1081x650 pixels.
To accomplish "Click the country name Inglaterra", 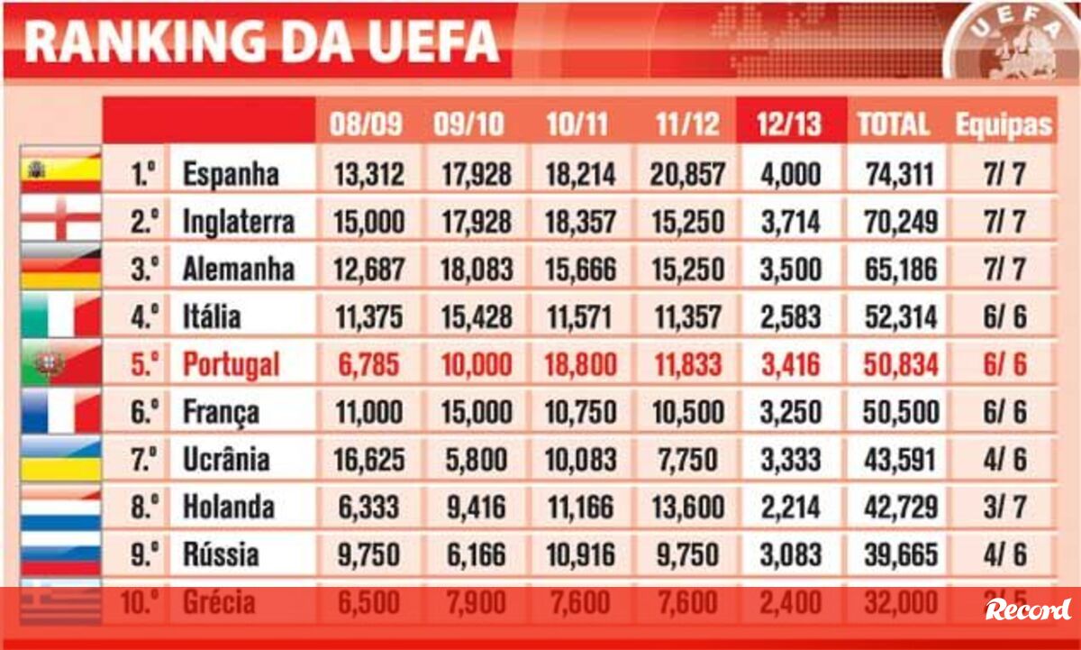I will [238, 222].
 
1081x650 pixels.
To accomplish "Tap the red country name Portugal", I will [231, 365].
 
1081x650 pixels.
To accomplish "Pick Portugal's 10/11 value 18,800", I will [581, 365].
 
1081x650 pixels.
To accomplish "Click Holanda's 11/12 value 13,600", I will [687, 508].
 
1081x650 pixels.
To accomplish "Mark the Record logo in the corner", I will [1028, 609].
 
